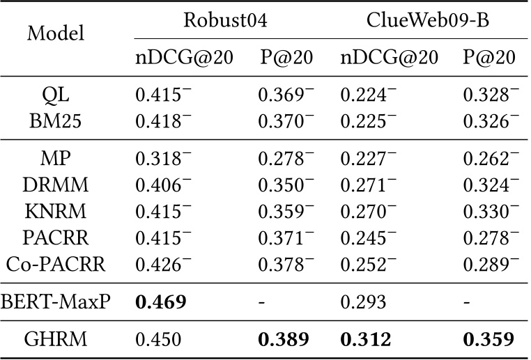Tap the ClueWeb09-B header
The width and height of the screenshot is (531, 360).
click(428, 19)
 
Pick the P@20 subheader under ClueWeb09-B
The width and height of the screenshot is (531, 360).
click(488, 58)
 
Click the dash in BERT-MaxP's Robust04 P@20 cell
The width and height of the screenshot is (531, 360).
click(261, 302)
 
